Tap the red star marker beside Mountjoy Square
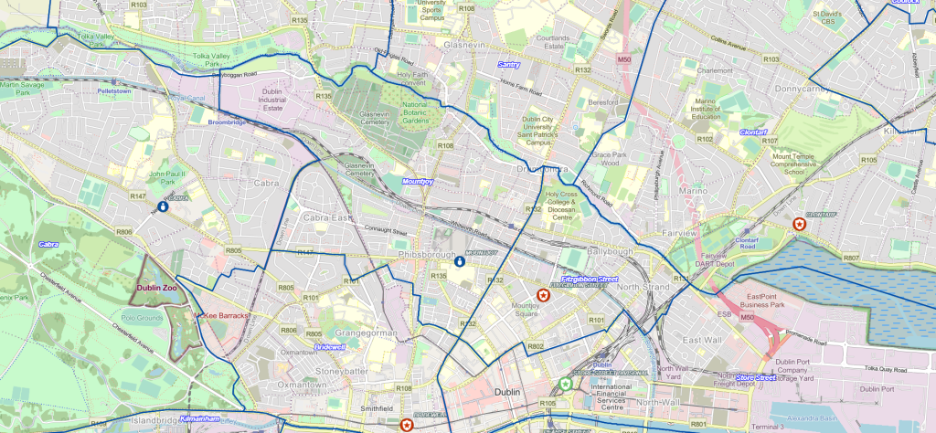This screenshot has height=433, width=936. [x=544, y=294]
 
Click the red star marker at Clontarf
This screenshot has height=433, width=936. [x=800, y=223]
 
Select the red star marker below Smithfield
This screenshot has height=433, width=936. [x=406, y=424]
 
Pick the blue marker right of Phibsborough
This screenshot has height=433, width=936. [x=460, y=261]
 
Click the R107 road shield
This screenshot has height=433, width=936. [x=770, y=141]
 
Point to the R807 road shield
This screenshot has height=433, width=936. [x=851, y=259]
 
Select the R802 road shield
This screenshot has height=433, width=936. [x=536, y=346]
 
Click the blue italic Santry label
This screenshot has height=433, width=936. [x=509, y=64]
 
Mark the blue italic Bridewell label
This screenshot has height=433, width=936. [x=329, y=347]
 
